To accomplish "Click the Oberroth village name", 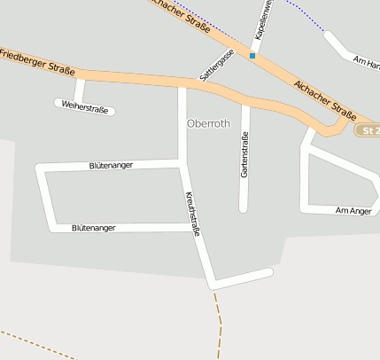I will (x=208, y=124).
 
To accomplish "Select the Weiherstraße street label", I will (x=85, y=109).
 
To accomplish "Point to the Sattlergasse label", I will (x=217, y=65).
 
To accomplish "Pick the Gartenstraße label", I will (x=244, y=154).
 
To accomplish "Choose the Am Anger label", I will (x=353, y=210).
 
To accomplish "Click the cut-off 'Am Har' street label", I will (x=366, y=61).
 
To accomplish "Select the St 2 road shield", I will (x=368, y=130).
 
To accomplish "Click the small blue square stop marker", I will (x=252, y=56).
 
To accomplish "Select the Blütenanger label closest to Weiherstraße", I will (x=112, y=165).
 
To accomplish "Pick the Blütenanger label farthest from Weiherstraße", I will (x=94, y=228).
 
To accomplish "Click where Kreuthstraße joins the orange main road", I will (x=182, y=85).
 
